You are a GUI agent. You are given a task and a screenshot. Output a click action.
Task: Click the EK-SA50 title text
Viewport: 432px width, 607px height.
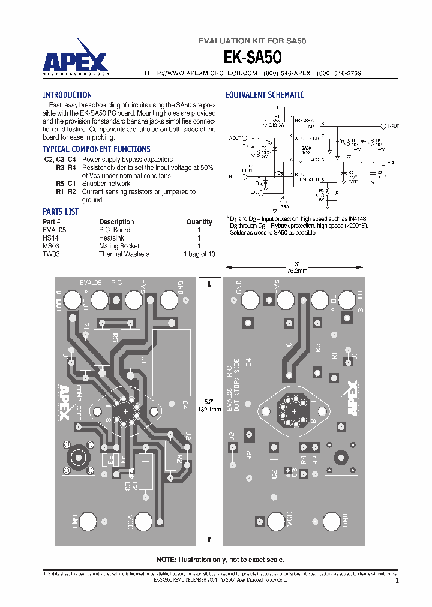pyautogui.click(x=252, y=57)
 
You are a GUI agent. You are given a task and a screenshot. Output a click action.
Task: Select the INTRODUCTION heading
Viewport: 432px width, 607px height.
pyautogui.click(x=67, y=95)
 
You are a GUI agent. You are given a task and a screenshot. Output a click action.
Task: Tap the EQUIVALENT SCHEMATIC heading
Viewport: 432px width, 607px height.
pyautogui.click(x=265, y=95)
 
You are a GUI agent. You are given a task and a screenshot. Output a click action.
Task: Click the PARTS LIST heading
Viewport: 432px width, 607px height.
pyautogui.click(x=60, y=212)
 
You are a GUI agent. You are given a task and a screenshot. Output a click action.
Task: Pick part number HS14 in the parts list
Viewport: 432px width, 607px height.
pyautogui.click(x=50, y=238)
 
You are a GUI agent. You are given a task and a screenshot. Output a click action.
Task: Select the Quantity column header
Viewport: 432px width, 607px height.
pyautogui.click(x=199, y=221)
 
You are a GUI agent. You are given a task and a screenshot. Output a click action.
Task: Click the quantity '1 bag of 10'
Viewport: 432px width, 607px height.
pyautogui.click(x=199, y=254)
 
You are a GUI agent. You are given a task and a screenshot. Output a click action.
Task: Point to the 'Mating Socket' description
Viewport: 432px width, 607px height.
pyautogui.click(x=119, y=246)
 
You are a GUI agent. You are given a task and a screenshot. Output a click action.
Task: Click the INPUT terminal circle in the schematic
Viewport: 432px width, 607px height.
pyautogui.click(x=383, y=127)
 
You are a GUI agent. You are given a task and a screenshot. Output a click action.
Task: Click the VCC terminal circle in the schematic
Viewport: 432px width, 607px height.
pyautogui.click(x=383, y=162)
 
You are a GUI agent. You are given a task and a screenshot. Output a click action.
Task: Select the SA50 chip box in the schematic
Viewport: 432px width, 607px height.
pyautogui.click(x=306, y=150)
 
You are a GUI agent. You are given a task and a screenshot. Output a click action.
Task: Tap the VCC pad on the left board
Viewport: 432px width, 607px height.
pyautogui.click(x=144, y=520)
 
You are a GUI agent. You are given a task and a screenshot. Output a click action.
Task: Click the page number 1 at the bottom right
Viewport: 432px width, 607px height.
pyautogui.click(x=397, y=581)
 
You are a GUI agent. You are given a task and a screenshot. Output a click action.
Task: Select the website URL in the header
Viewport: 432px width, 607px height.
pyautogui.click(x=201, y=73)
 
